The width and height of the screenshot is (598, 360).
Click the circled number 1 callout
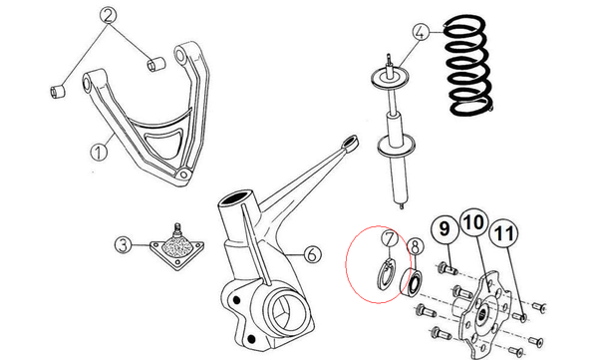point(99,152)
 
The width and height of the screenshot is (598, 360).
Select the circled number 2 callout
point(109,16)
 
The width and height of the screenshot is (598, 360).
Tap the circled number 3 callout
point(124,244)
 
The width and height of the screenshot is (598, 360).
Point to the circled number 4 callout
point(421,32)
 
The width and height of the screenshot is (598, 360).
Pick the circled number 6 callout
point(312,254)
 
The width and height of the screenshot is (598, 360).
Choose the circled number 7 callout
point(390,238)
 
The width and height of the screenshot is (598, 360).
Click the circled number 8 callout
point(415,246)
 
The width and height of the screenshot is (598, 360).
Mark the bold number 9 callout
point(445,229)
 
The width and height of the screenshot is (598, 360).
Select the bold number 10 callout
point(474,222)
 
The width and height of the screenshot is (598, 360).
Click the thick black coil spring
point(469,65)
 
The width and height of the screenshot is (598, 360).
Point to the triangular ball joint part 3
point(177,250)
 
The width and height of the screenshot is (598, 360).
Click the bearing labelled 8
point(412,281)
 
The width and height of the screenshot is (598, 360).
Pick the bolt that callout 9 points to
point(448,268)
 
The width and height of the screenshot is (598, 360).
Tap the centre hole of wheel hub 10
point(482,314)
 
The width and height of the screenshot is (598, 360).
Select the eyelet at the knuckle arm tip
point(350,143)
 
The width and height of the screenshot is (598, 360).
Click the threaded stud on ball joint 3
point(176,229)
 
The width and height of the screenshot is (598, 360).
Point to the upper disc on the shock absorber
point(391,78)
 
